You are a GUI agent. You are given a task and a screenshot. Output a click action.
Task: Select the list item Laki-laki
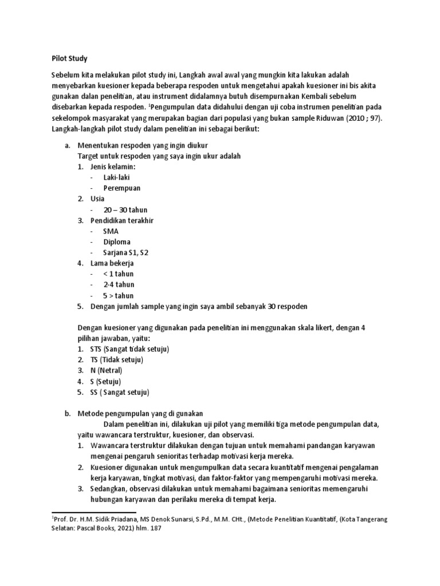tap(116, 177)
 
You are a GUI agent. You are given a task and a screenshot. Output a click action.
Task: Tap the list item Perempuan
tap(121, 188)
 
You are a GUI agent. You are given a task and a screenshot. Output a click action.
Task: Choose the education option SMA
tap(110, 231)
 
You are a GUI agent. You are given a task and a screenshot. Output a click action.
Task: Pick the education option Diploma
tap(116, 241)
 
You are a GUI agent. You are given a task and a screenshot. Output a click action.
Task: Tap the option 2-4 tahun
tap(119, 284)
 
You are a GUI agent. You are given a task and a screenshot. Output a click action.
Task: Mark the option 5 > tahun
tap(118, 295)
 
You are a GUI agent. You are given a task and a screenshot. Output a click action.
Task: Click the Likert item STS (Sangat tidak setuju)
tap(129, 349)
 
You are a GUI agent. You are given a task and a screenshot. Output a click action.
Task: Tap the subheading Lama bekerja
tap(112, 263)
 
